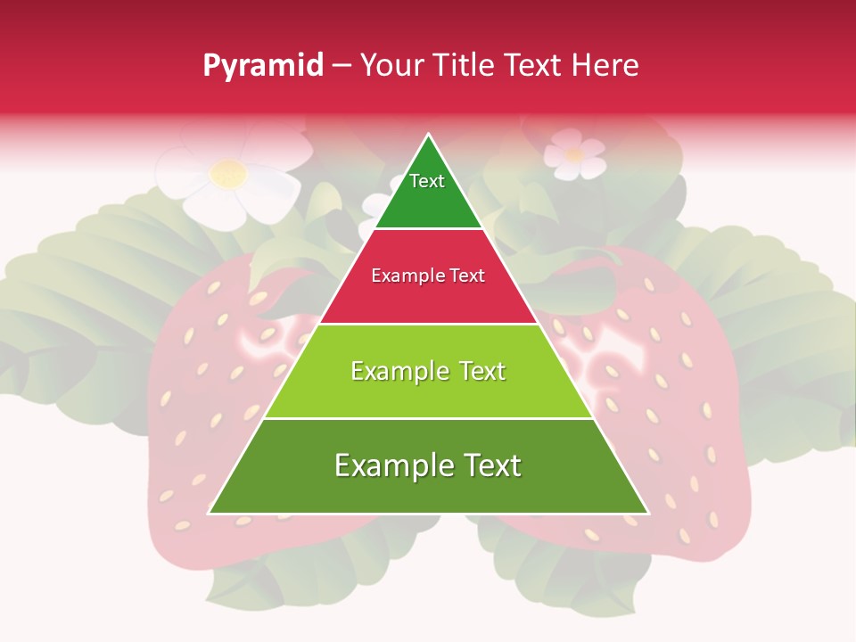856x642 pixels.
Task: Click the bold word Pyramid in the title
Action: [x=262, y=66]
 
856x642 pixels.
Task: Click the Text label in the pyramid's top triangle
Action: [x=427, y=181]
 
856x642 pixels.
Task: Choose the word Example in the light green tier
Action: [x=396, y=371]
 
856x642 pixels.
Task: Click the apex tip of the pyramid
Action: [x=428, y=135]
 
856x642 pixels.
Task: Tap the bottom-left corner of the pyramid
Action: [x=210, y=513]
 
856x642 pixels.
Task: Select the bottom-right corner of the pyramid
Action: [x=647, y=513]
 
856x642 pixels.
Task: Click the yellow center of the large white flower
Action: [x=229, y=174]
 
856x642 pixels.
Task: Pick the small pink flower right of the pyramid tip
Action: [x=573, y=153]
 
